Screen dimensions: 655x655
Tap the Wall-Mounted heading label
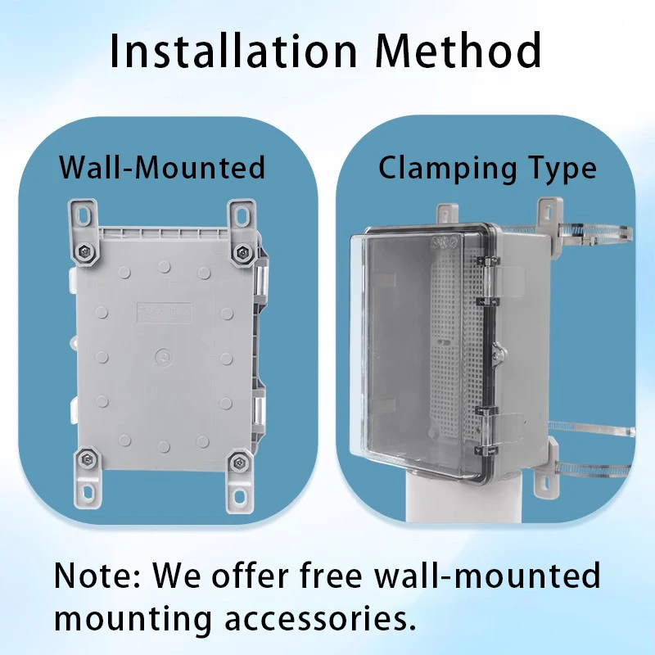click(162, 168)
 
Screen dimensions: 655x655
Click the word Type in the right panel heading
click(562, 169)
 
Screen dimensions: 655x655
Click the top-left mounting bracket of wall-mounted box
click(84, 216)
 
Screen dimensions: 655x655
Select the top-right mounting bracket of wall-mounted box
click(241, 216)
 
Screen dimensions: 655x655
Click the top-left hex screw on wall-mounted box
click(86, 251)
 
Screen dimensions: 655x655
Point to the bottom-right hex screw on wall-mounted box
click(237, 463)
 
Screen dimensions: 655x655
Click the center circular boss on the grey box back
click(162, 357)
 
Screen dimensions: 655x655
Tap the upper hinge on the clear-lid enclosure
click(484, 270)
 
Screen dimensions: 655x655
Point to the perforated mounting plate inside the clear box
click(450, 344)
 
